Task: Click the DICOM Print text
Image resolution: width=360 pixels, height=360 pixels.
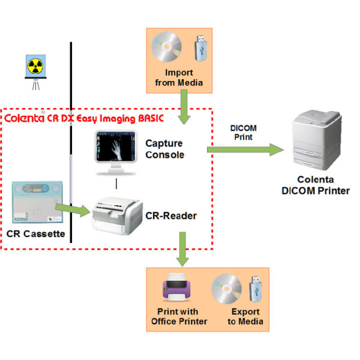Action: pyautogui.click(x=244, y=133)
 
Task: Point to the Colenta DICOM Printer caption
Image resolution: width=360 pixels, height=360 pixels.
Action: pyautogui.click(x=319, y=185)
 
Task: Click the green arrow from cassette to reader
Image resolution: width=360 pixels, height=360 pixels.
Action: pyautogui.click(x=74, y=208)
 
